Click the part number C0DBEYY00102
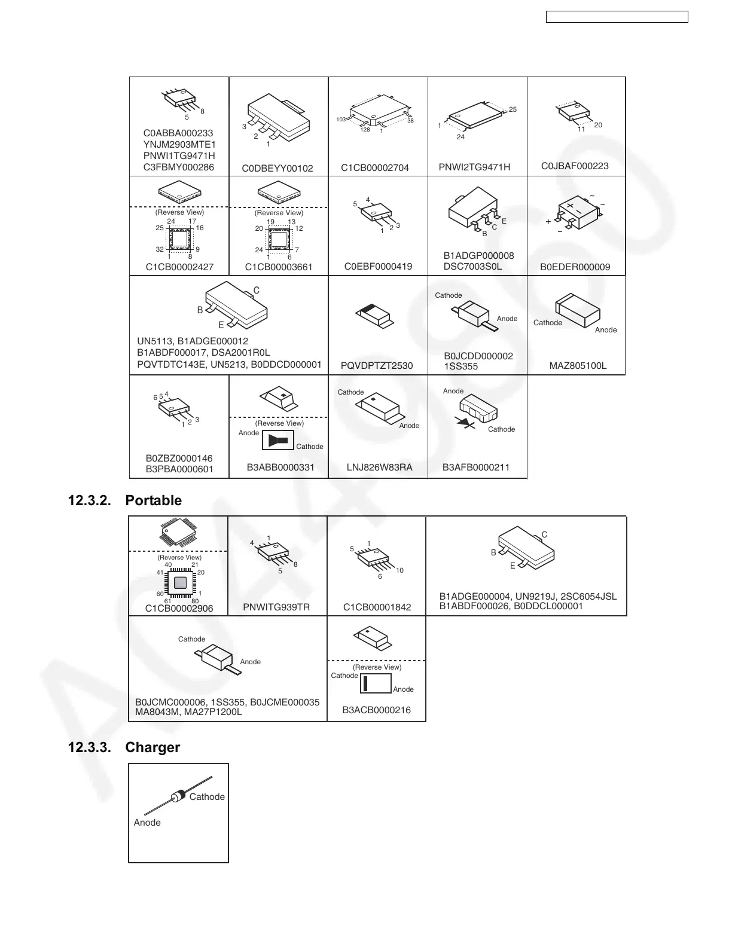pos(277,169)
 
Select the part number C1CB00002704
pos(375,168)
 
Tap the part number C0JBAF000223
pos(575,166)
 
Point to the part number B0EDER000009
pos(575,267)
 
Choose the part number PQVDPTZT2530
pos(377,365)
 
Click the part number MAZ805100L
pos(578,365)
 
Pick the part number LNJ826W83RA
pos(380,467)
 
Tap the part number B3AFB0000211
pos(476,467)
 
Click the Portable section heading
pos(154,500)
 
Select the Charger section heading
pos(152,747)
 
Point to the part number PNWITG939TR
pos(276,607)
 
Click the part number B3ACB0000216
pos(377,710)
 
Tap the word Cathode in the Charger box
pos(207,797)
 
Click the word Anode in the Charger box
pos(147,823)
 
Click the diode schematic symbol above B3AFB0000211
pos(465,422)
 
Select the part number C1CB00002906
pos(179,608)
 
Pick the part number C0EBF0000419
pos(379,267)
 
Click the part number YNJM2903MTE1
pos(179,145)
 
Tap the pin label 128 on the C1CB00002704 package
pos(365,130)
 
